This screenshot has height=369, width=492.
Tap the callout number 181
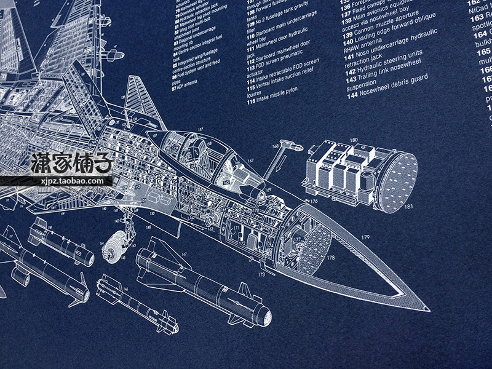409,207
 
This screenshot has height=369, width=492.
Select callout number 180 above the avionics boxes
353,140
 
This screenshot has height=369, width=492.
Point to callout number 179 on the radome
365,237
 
